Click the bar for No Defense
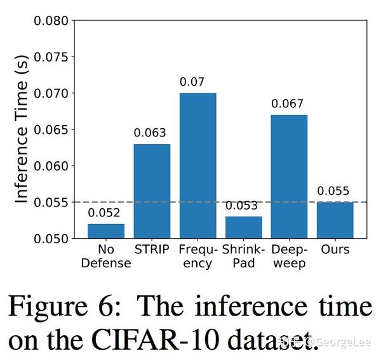(106, 231)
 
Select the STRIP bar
(152, 191)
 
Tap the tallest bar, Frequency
(197, 166)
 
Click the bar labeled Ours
(335, 220)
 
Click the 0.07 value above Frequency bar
(197, 82)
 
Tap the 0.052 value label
(106, 213)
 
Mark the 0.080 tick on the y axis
(51, 20)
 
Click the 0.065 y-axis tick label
(51, 130)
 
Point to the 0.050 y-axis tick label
(51, 239)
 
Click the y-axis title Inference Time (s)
(22, 130)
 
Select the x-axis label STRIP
(152, 250)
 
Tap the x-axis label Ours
(335, 250)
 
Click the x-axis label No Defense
(106, 256)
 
